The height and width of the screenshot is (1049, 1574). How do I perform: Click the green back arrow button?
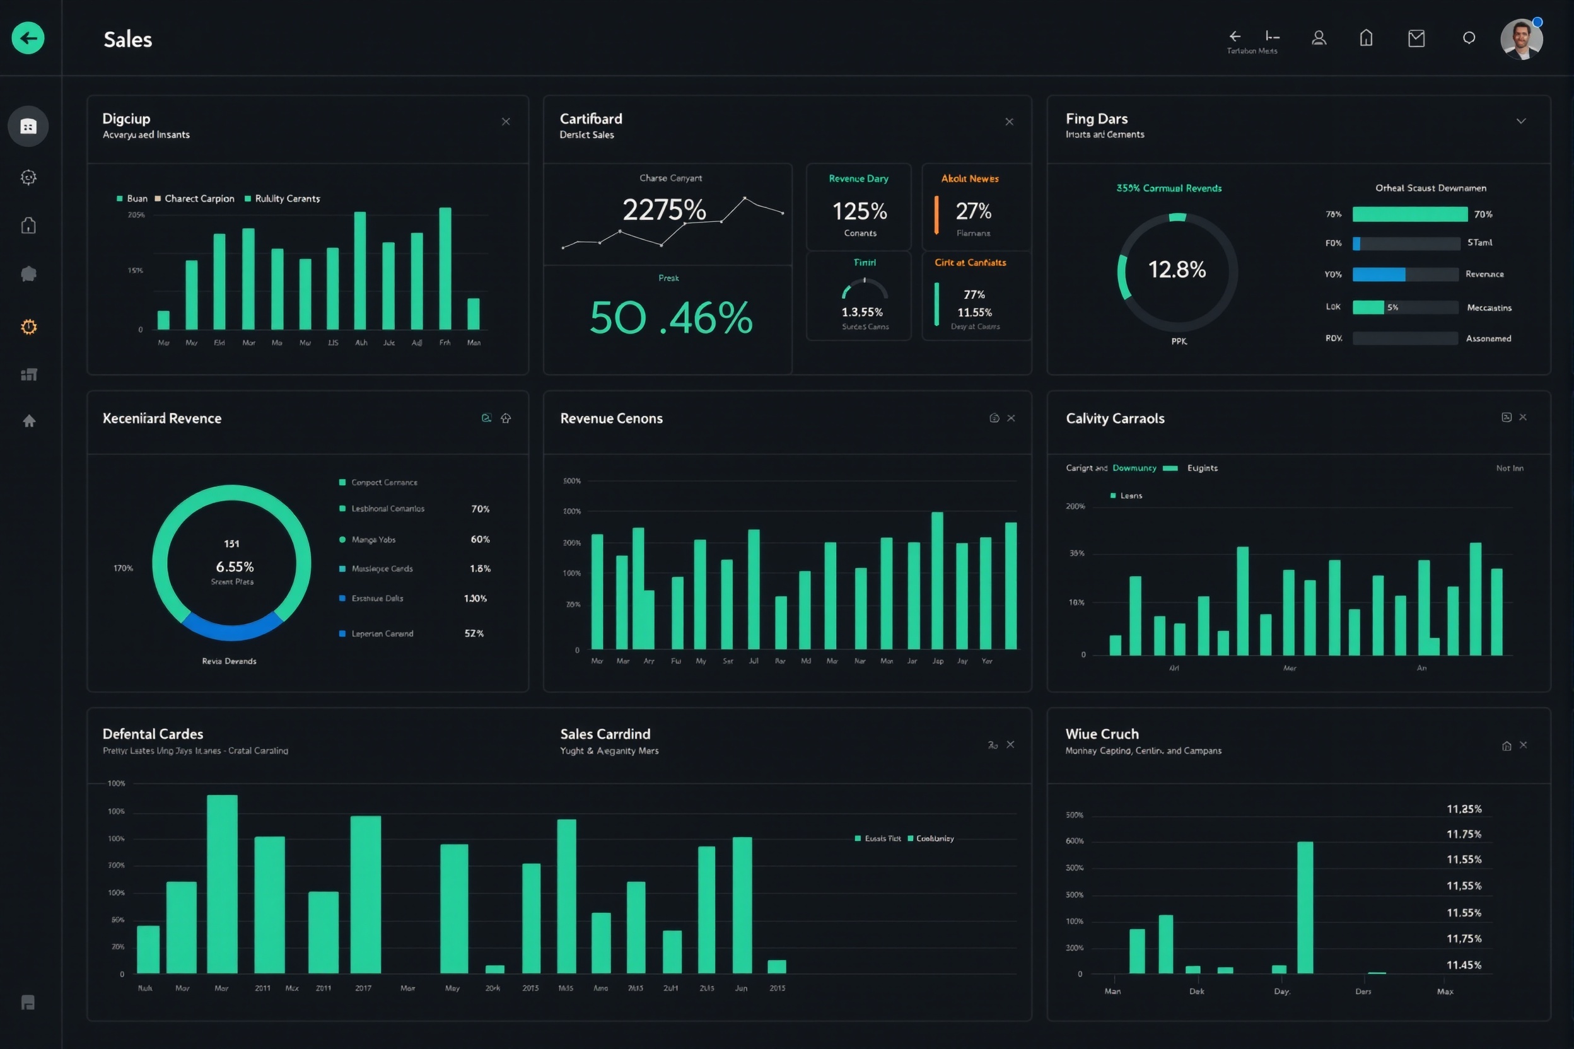(x=28, y=38)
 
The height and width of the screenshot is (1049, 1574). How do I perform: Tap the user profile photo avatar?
(x=1521, y=39)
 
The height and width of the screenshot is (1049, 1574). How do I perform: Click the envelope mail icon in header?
(x=1416, y=38)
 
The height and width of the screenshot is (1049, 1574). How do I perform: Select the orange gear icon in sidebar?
(x=28, y=327)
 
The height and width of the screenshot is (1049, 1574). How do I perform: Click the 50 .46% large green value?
(x=670, y=318)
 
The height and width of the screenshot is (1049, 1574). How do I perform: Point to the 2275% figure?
(x=664, y=210)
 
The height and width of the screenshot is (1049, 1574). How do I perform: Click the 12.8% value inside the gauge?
(x=1177, y=270)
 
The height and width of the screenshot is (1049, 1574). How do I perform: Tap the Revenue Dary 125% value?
(x=860, y=211)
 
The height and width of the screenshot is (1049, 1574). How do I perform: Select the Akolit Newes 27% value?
(x=973, y=211)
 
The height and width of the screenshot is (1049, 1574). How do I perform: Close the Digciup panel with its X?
(x=505, y=122)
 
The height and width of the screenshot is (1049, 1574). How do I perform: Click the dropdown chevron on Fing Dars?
(x=1520, y=121)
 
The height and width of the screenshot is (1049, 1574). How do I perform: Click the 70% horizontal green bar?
(x=1409, y=214)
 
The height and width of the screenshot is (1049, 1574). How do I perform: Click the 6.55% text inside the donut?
(x=234, y=567)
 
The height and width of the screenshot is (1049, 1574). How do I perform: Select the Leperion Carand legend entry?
(x=382, y=634)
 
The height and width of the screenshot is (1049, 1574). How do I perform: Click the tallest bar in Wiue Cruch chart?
(x=1304, y=907)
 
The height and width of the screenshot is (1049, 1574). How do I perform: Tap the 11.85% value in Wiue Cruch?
(x=1464, y=809)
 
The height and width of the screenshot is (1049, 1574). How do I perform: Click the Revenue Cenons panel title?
(x=611, y=418)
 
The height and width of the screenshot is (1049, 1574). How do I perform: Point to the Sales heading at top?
(x=128, y=40)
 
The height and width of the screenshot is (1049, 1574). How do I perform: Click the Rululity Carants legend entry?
(x=287, y=199)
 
